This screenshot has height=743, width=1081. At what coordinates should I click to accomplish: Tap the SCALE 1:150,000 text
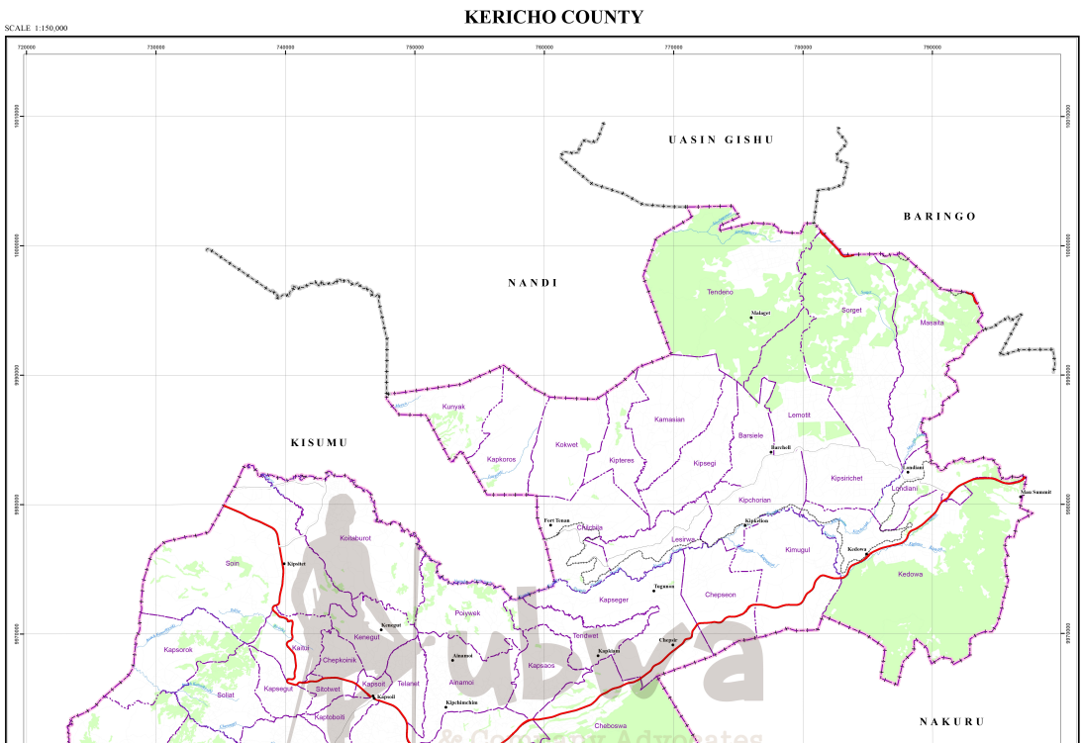click(37, 28)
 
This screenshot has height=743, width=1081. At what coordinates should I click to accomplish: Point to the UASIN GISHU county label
click(721, 139)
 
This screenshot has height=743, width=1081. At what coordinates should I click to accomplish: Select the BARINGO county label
click(939, 216)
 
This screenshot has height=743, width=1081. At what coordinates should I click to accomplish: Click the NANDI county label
click(534, 283)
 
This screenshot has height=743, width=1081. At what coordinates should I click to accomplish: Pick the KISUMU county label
click(319, 442)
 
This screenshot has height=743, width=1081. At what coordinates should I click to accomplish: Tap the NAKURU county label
click(952, 721)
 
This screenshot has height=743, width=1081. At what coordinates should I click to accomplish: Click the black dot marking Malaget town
click(750, 318)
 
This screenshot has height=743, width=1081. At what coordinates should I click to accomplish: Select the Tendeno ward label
click(720, 292)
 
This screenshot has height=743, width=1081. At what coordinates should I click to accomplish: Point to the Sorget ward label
click(851, 310)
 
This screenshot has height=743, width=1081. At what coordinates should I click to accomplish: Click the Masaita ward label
click(932, 323)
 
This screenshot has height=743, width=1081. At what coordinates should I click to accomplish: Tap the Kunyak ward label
click(453, 407)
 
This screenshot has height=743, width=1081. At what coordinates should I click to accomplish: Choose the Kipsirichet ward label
click(846, 478)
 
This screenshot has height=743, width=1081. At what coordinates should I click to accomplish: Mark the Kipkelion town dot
click(745, 525)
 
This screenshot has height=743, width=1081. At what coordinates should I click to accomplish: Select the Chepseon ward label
click(720, 595)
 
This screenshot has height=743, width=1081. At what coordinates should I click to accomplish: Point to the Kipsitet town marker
click(284, 564)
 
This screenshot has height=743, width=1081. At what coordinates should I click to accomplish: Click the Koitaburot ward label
click(355, 537)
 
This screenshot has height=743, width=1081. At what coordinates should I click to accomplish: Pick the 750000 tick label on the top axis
click(415, 46)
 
